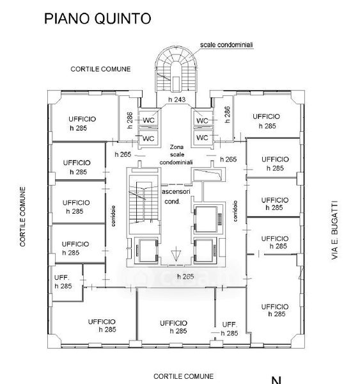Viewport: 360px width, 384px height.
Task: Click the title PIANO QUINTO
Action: point(97,19)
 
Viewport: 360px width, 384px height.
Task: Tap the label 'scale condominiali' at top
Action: point(226,45)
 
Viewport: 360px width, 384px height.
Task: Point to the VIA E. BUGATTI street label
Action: point(334,230)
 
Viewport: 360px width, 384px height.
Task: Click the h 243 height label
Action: point(176,99)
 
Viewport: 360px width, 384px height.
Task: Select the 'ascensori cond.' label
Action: point(175,196)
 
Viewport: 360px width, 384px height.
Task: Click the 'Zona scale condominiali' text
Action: point(176,154)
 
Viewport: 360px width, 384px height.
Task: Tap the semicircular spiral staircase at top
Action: point(176,70)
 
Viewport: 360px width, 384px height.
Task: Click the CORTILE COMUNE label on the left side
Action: point(23,217)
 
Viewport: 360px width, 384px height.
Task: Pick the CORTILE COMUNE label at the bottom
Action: point(184,376)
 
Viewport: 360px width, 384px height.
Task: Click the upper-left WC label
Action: point(148,120)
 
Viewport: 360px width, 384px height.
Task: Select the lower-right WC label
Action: point(202,138)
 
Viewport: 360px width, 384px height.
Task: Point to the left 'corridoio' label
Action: point(113,216)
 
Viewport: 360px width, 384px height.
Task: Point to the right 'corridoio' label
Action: point(235,211)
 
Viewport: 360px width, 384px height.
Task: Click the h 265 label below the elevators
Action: point(185,276)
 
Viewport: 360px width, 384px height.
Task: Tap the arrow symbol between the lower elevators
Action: point(176,254)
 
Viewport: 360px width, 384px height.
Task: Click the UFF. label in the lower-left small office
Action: point(62,278)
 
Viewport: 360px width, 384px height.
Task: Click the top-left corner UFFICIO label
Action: point(82,119)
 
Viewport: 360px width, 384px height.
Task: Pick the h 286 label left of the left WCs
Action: point(130,120)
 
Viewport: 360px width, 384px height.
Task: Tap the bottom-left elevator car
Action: point(147,250)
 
